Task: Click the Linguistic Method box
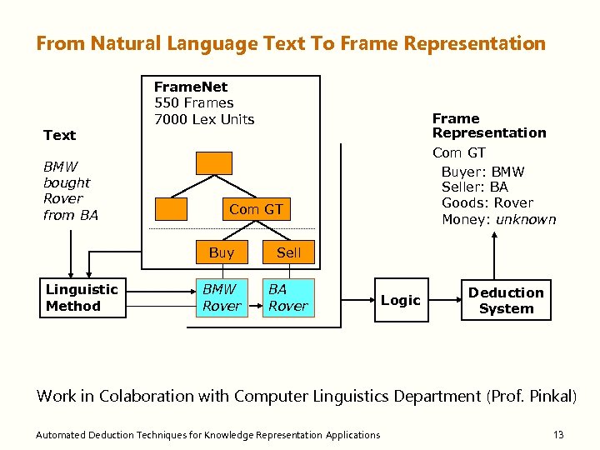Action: (x=84, y=298)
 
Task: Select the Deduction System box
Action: (x=506, y=300)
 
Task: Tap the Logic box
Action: (x=401, y=300)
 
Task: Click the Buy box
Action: (x=222, y=252)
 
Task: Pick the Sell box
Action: (x=288, y=252)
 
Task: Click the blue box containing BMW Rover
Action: (x=221, y=297)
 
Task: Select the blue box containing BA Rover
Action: (x=288, y=297)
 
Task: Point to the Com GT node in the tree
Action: (x=256, y=209)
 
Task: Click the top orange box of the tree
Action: (x=213, y=162)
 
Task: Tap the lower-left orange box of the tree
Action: (x=172, y=208)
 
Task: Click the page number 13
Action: (x=558, y=434)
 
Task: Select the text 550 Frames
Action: (x=194, y=102)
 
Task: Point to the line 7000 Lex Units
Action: (x=204, y=119)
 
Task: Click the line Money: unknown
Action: (x=498, y=219)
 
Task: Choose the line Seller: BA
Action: (x=474, y=187)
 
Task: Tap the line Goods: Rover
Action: (x=487, y=203)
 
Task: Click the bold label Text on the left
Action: (x=59, y=135)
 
